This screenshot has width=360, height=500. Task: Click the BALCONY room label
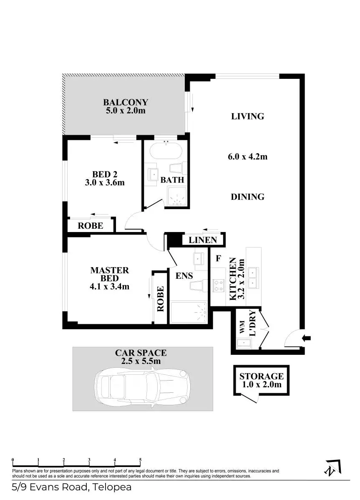pos(126,102)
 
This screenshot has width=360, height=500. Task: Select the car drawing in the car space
pos(142,384)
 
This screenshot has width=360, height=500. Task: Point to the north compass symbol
pos(332,467)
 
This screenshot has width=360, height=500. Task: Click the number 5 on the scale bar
pos(140,460)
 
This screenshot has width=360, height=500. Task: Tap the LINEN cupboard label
pos(203,240)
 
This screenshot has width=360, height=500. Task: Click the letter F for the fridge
pos(218,259)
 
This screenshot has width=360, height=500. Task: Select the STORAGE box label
pos(261,376)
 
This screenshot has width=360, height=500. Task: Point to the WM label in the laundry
pos(242,329)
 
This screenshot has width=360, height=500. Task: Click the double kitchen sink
pos(253,278)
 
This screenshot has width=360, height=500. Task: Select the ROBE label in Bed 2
pos(91,226)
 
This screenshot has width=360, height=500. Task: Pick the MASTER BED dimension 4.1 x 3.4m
pos(110,287)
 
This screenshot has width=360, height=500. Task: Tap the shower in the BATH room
pos(178,197)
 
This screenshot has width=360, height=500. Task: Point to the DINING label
pos(248,197)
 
